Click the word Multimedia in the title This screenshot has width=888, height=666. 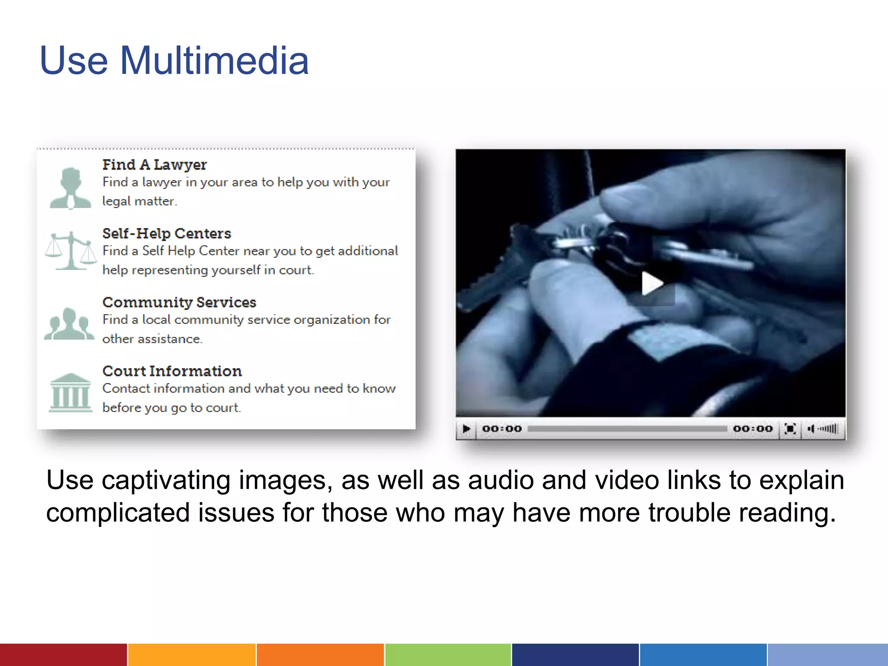[214, 61]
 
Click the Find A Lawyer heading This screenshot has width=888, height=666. [154, 165]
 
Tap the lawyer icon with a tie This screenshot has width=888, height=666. [70, 188]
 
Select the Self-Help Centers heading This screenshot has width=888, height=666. [166, 233]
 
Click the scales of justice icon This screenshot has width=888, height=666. [71, 251]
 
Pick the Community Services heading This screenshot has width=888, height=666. [179, 302]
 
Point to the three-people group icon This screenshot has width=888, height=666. [69, 324]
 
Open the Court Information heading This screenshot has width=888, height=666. [172, 371]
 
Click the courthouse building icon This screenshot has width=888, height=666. [70, 392]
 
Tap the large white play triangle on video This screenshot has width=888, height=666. [651, 283]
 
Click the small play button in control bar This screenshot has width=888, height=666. [466, 429]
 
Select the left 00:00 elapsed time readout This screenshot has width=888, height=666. [502, 429]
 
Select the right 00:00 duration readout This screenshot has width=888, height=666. [753, 429]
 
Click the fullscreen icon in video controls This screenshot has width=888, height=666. [790, 429]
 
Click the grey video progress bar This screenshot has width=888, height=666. [627, 429]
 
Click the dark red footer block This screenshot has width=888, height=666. [63, 655]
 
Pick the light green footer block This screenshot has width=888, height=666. [448, 655]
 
